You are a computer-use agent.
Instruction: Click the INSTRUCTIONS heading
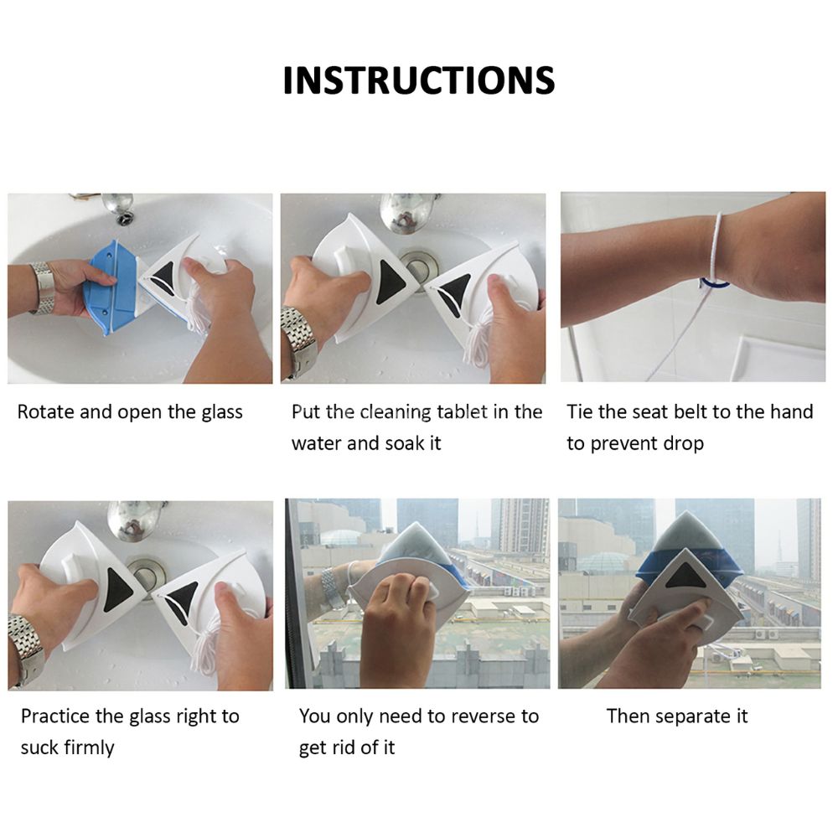[419, 80]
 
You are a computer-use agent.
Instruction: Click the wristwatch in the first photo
[44, 287]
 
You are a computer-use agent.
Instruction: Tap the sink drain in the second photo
[419, 266]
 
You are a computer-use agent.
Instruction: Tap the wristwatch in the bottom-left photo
[26, 648]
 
